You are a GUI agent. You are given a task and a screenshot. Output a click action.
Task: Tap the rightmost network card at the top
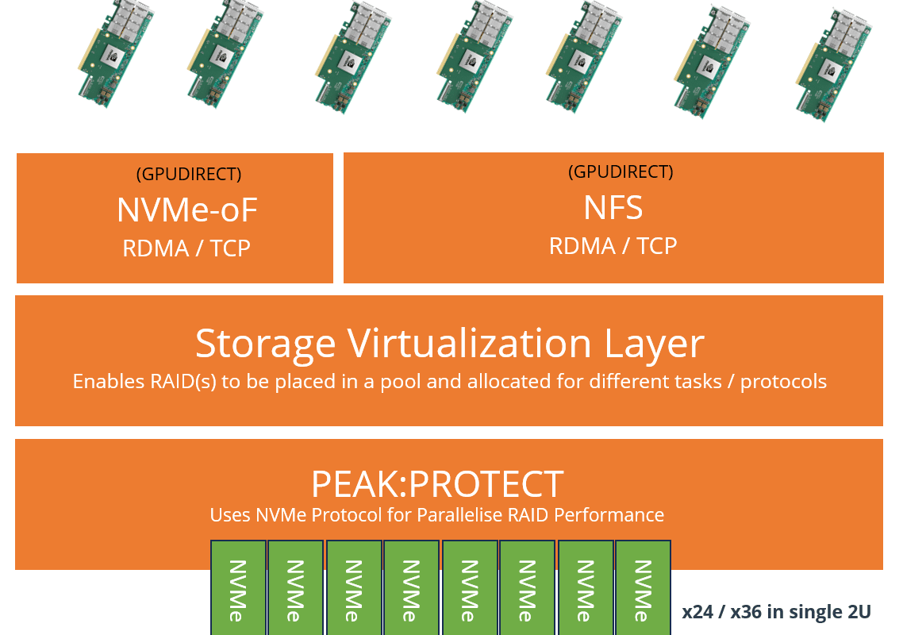pyautogui.click(x=834, y=64)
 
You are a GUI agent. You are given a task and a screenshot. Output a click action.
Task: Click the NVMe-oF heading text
pyautogui.click(x=187, y=210)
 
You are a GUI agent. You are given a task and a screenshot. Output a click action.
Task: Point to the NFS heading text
pyautogui.click(x=613, y=207)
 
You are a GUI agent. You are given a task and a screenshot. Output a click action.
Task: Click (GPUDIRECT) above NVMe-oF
pyautogui.click(x=189, y=174)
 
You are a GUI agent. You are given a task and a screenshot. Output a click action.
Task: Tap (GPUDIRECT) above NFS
pyautogui.click(x=621, y=171)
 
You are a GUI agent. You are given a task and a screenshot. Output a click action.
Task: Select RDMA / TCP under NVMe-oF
pyautogui.click(x=186, y=248)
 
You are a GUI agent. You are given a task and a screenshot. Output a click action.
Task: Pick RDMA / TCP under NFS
pyautogui.click(x=613, y=246)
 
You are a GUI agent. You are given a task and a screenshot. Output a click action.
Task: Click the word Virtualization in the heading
pyautogui.click(x=469, y=344)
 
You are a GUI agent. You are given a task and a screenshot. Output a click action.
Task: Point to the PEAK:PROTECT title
pyautogui.click(x=437, y=484)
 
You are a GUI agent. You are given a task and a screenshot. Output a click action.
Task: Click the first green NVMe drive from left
pyautogui.click(x=238, y=587)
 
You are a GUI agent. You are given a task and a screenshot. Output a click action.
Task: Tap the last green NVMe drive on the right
pyautogui.click(x=644, y=587)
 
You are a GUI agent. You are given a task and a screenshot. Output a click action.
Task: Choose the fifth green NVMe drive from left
pyautogui.click(x=470, y=587)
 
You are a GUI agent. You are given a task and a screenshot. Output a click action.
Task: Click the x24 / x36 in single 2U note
pyautogui.click(x=776, y=611)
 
